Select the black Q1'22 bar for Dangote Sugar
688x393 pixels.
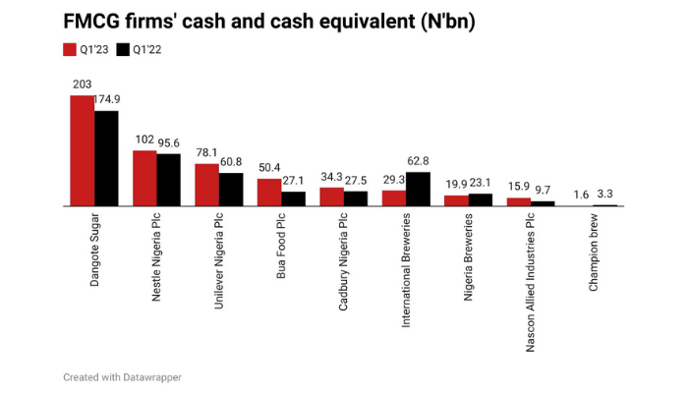106,158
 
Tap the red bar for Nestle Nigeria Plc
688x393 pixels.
144,178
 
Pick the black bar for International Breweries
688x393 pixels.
419,189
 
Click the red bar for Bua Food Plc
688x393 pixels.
269,193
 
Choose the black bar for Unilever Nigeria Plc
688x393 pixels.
231,190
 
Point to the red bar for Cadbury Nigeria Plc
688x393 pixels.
331,196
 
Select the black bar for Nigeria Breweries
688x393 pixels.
481,200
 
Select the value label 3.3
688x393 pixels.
606,195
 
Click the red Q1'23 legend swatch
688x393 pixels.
70,49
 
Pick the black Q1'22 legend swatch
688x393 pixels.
123,49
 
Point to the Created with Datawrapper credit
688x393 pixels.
122,376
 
